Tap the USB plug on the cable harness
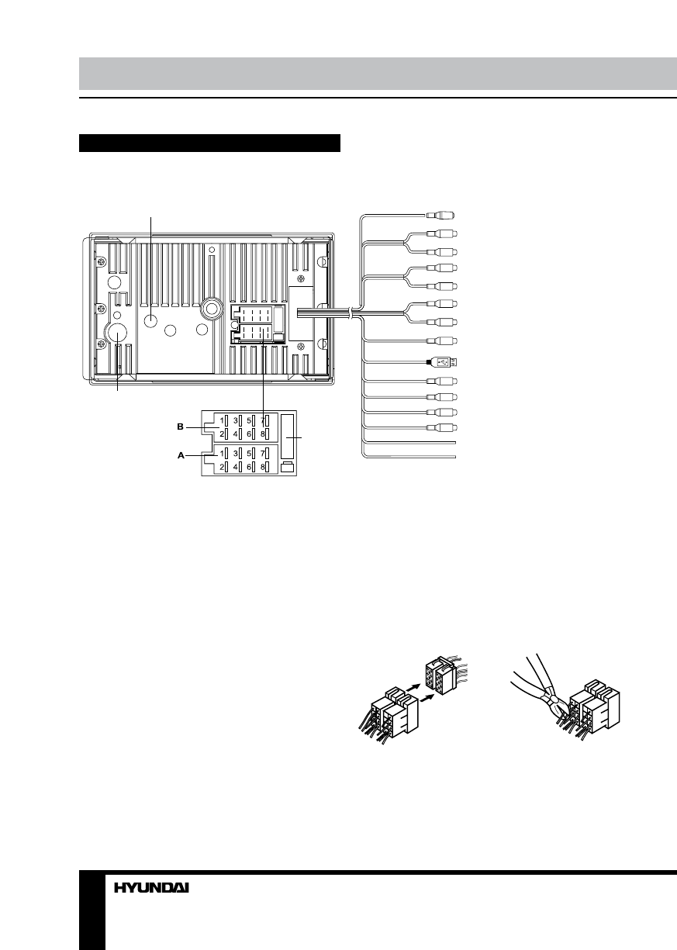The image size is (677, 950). pyautogui.click(x=444, y=361)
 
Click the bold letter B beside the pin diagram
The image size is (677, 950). pyautogui.click(x=180, y=426)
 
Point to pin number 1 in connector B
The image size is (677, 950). pyautogui.click(x=222, y=421)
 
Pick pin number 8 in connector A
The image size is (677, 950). pyautogui.click(x=264, y=467)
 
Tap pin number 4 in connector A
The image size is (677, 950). pyautogui.click(x=236, y=467)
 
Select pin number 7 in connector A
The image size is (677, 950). pyautogui.click(x=264, y=452)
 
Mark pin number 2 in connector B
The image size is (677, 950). pyautogui.click(x=222, y=435)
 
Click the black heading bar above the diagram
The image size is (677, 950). pyautogui.click(x=210, y=143)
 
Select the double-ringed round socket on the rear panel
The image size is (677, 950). pyautogui.click(x=209, y=309)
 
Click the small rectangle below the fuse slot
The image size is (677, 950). pyautogui.click(x=287, y=467)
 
